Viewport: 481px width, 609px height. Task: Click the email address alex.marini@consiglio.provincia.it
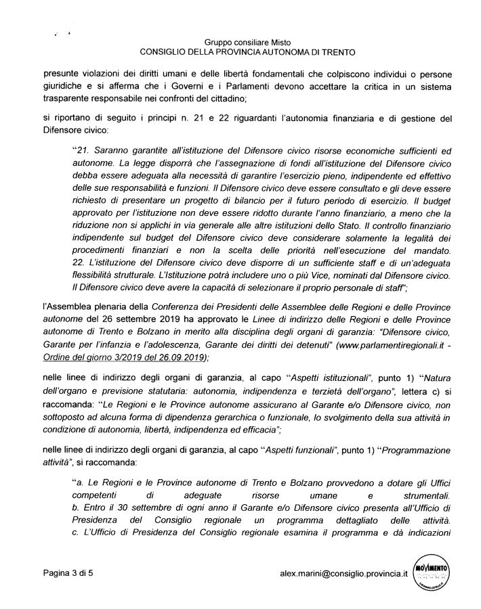tap(343, 573)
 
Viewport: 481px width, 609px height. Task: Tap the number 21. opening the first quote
tap(81, 149)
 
